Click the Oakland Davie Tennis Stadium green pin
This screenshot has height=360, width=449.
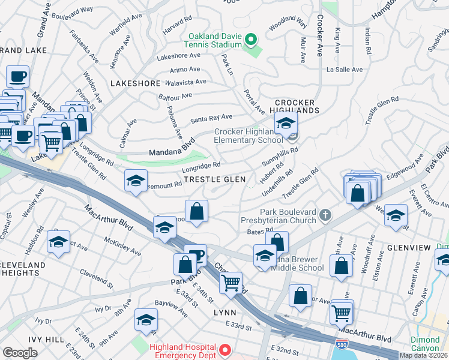pyautogui.click(x=252, y=41)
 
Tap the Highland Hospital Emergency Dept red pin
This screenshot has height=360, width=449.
pyautogui.click(x=225, y=349)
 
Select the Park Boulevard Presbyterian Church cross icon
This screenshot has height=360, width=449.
pyautogui.click(x=325, y=214)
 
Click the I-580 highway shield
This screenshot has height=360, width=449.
pyautogui.click(x=340, y=343)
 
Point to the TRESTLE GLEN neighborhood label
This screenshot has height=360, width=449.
pyautogui.click(x=214, y=179)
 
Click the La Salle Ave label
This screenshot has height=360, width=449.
pyautogui.click(x=345, y=70)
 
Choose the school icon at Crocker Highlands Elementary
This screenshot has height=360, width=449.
pyautogui.click(x=286, y=124)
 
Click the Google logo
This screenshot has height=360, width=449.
pyautogui.click(x=20, y=353)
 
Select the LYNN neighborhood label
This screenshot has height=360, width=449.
pyautogui.click(x=224, y=313)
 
